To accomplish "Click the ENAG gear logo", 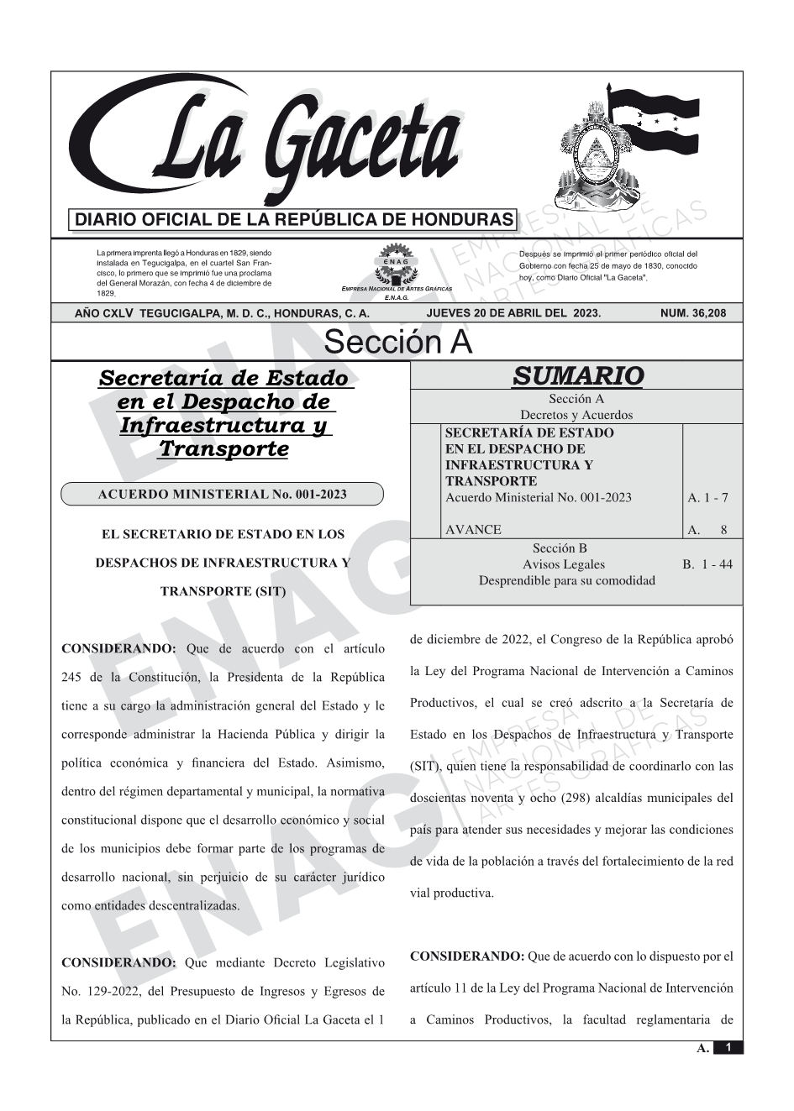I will tap(396, 262).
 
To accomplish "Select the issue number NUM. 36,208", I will tap(693, 313).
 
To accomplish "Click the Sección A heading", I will tap(397, 343).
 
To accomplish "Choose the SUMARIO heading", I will tap(577, 376).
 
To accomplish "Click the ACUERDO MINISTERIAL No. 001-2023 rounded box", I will tap(222, 494).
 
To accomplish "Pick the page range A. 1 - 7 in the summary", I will tap(707, 497).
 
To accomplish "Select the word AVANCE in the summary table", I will tap(473, 529).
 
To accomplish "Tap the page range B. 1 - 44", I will tap(707, 564).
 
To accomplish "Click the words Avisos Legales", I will tap(563, 564).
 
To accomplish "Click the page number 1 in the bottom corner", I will tap(728, 1047).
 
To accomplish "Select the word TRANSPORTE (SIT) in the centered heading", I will tap(223, 591).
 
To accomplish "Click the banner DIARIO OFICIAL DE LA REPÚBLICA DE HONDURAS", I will tap(294, 220).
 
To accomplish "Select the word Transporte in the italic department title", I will tap(223, 448).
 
